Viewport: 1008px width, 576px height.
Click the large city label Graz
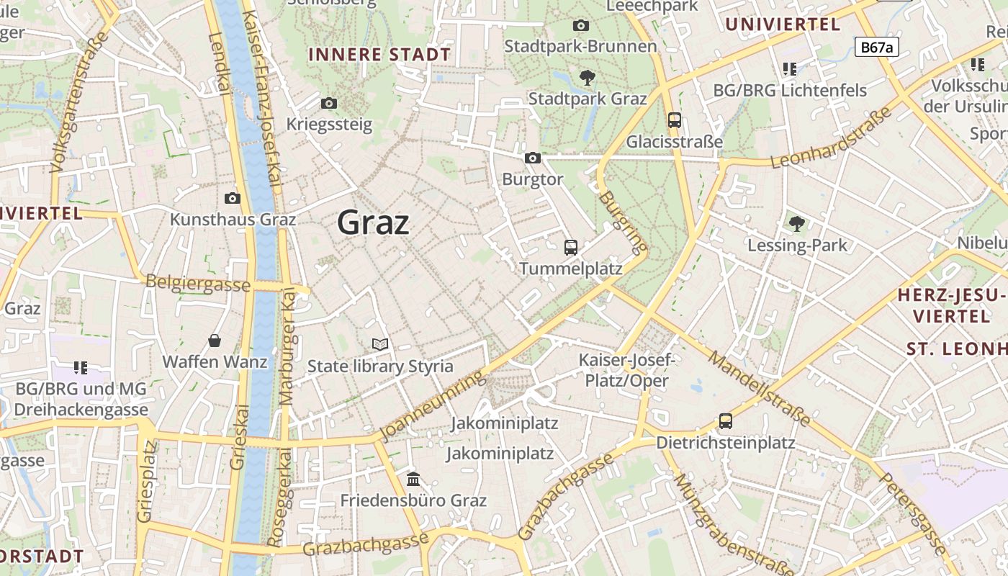[x=373, y=222]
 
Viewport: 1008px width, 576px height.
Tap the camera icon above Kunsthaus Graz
[x=233, y=198]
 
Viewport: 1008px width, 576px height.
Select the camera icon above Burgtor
[x=533, y=158]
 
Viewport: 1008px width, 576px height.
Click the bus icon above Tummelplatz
[x=571, y=248]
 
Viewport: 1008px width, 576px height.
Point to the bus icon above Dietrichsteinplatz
[x=726, y=421]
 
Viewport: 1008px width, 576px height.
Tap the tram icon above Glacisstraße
[x=674, y=120]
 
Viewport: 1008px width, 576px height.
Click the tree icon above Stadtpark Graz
[x=588, y=77]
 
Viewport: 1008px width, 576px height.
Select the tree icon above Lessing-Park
[x=797, y=224]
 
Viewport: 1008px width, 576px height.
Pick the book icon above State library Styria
[x=380, y=345]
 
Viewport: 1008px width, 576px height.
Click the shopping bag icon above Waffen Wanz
[x=215, y=340]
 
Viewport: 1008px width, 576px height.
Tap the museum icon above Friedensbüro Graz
[x=413, y=479]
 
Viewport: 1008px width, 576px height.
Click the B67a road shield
[x=877, y=48]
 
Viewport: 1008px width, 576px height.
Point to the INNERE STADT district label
[x=379, y=55]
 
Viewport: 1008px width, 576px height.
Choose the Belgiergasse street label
[x=198, y=283]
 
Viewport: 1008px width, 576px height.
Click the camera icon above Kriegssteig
[x=329, y=103]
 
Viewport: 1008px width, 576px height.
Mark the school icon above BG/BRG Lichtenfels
[x=790, y=69]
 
